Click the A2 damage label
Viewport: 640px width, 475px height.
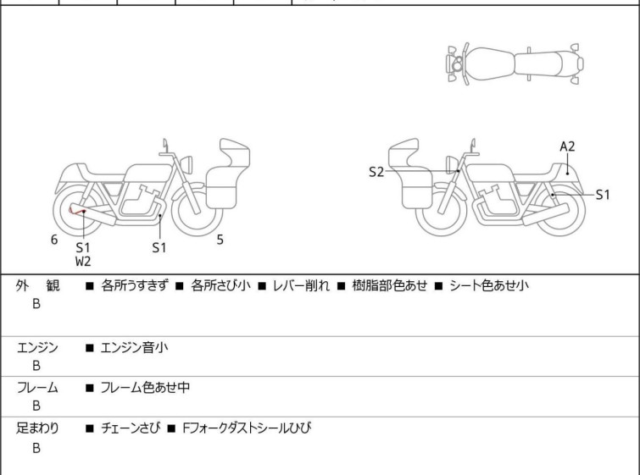point(567,146)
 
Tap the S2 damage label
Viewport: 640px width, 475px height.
point(376,172)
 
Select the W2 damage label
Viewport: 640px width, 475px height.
point(83,262)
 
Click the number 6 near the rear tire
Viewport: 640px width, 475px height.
point(54,240)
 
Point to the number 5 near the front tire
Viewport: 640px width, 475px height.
point(220,240)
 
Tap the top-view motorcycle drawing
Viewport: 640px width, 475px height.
point(515,64)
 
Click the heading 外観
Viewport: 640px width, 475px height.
point(37,285)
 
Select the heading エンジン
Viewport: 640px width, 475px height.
point(37,348)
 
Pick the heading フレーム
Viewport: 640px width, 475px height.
point(37,387)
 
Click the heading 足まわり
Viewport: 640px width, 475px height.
point(37,428)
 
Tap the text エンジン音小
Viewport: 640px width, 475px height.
point(134,348)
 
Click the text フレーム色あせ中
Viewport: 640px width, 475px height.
point(145,387)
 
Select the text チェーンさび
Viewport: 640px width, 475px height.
point(131,428)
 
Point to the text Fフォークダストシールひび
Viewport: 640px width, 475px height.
point(247,428)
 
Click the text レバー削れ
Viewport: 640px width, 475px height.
point(301,285)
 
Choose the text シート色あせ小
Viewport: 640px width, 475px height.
point(489,285)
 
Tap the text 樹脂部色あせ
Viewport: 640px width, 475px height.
point(390,285)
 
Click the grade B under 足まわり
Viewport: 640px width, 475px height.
point(36,448)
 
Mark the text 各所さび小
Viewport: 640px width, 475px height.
point(220,285)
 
